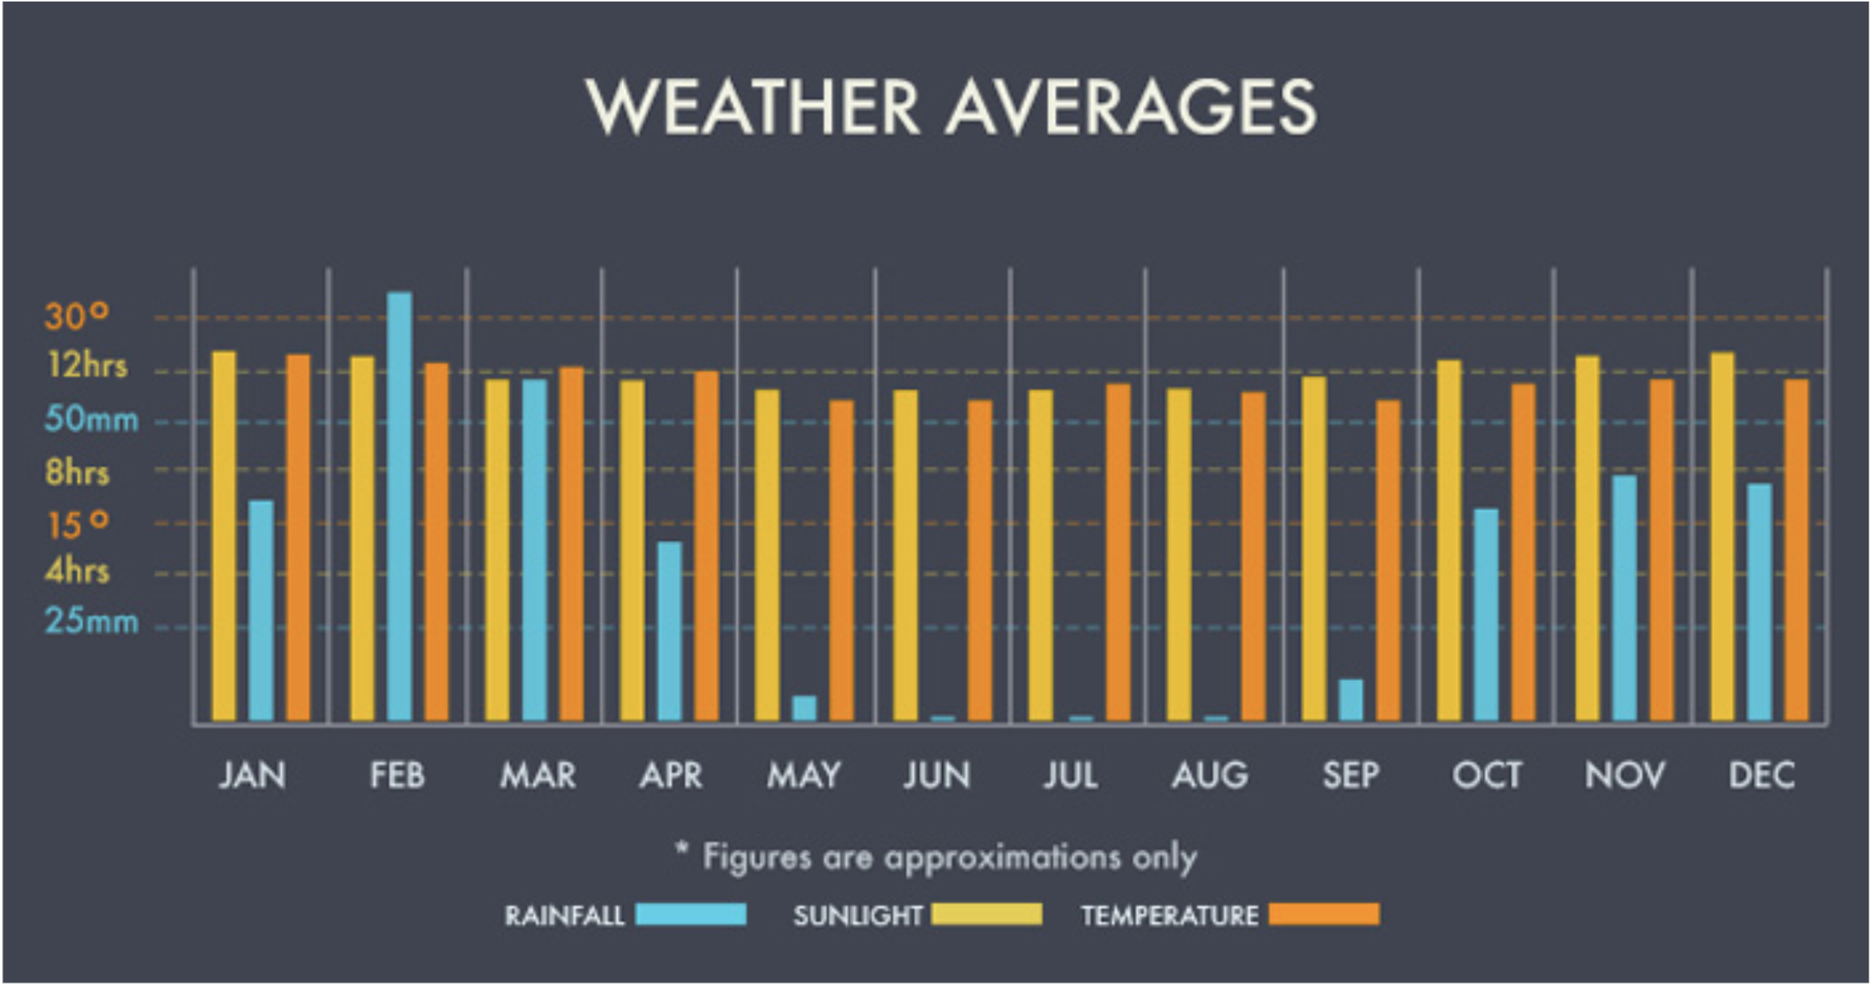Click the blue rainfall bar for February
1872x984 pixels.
[399, 507]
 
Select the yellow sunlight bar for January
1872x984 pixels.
[224, 536]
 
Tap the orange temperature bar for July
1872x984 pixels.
[1118, 552]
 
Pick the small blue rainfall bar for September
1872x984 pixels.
[1350, 700]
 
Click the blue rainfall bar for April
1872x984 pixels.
[669, 631]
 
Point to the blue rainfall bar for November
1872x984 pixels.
[1624, 598]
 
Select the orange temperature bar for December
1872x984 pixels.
[1795, 550]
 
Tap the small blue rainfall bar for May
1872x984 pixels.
[804, 708]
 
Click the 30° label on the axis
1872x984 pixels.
[77, 316]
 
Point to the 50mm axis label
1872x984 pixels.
[92, 419]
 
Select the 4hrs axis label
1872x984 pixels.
[77, 570]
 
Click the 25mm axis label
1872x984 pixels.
[92, 622]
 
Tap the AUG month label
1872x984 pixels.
[1209, 775]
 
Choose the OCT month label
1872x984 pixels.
[1486, 775]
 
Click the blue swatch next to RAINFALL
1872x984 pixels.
[690, 914]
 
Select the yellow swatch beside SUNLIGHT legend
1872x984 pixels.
[986, 914]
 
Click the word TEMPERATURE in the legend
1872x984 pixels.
[1169, 915]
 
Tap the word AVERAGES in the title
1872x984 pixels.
[1131, 108]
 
